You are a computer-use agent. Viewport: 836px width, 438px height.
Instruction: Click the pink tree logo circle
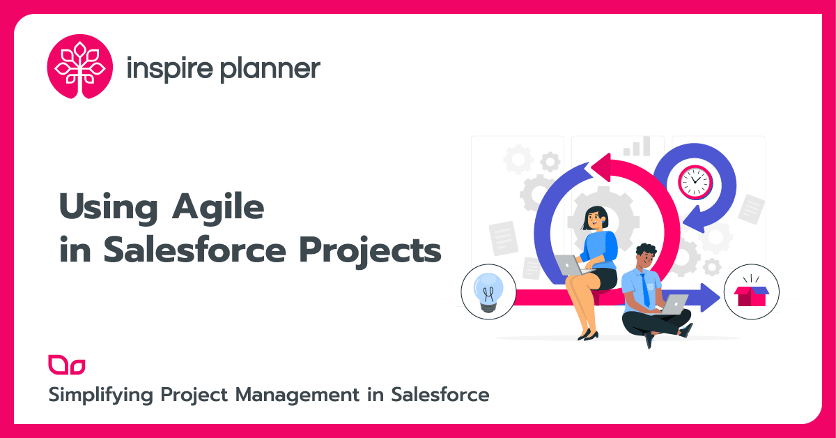pyautogui.click(x=80, y=67)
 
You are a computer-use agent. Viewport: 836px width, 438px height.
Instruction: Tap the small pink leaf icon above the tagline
pyautogui.click(x=67, y=365)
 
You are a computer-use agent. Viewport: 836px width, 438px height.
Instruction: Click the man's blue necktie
pyautogui.click(x=645, y=289)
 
